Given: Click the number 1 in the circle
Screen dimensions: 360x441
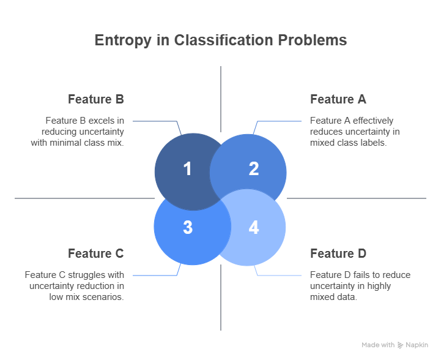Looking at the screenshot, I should pos(187,169).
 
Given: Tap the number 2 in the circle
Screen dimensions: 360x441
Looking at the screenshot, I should pos(253,169).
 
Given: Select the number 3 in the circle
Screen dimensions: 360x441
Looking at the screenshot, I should pos(187,227).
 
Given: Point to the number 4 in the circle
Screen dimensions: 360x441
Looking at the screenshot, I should pos(253,227).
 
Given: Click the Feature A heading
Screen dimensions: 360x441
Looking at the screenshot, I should pos(338,99).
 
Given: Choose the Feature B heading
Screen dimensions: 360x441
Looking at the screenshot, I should pos(96,99).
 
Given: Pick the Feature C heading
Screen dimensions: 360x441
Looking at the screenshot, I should pos(96,253).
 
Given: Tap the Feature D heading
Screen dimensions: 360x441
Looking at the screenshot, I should pos(338,253).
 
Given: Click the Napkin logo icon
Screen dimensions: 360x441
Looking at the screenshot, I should pos(401,345).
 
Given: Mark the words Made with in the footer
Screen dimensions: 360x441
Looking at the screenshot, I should pos(377,345).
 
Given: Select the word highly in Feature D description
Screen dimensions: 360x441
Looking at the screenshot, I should pos(379,286).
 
